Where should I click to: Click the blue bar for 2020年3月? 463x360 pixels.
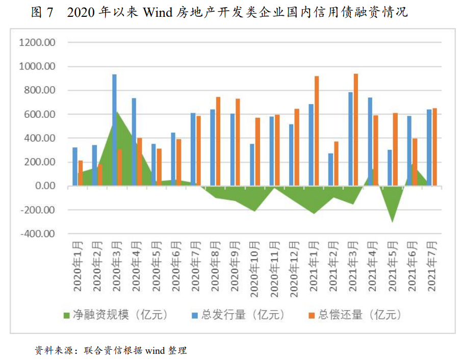[114, 130]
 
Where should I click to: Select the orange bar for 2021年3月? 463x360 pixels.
[355, 130]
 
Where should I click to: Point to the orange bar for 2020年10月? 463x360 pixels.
[258, 152]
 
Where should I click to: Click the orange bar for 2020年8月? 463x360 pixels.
[218, 141]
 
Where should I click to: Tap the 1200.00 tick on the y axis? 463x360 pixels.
[37, 43]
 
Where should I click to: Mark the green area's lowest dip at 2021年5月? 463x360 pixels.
[392, 221]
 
